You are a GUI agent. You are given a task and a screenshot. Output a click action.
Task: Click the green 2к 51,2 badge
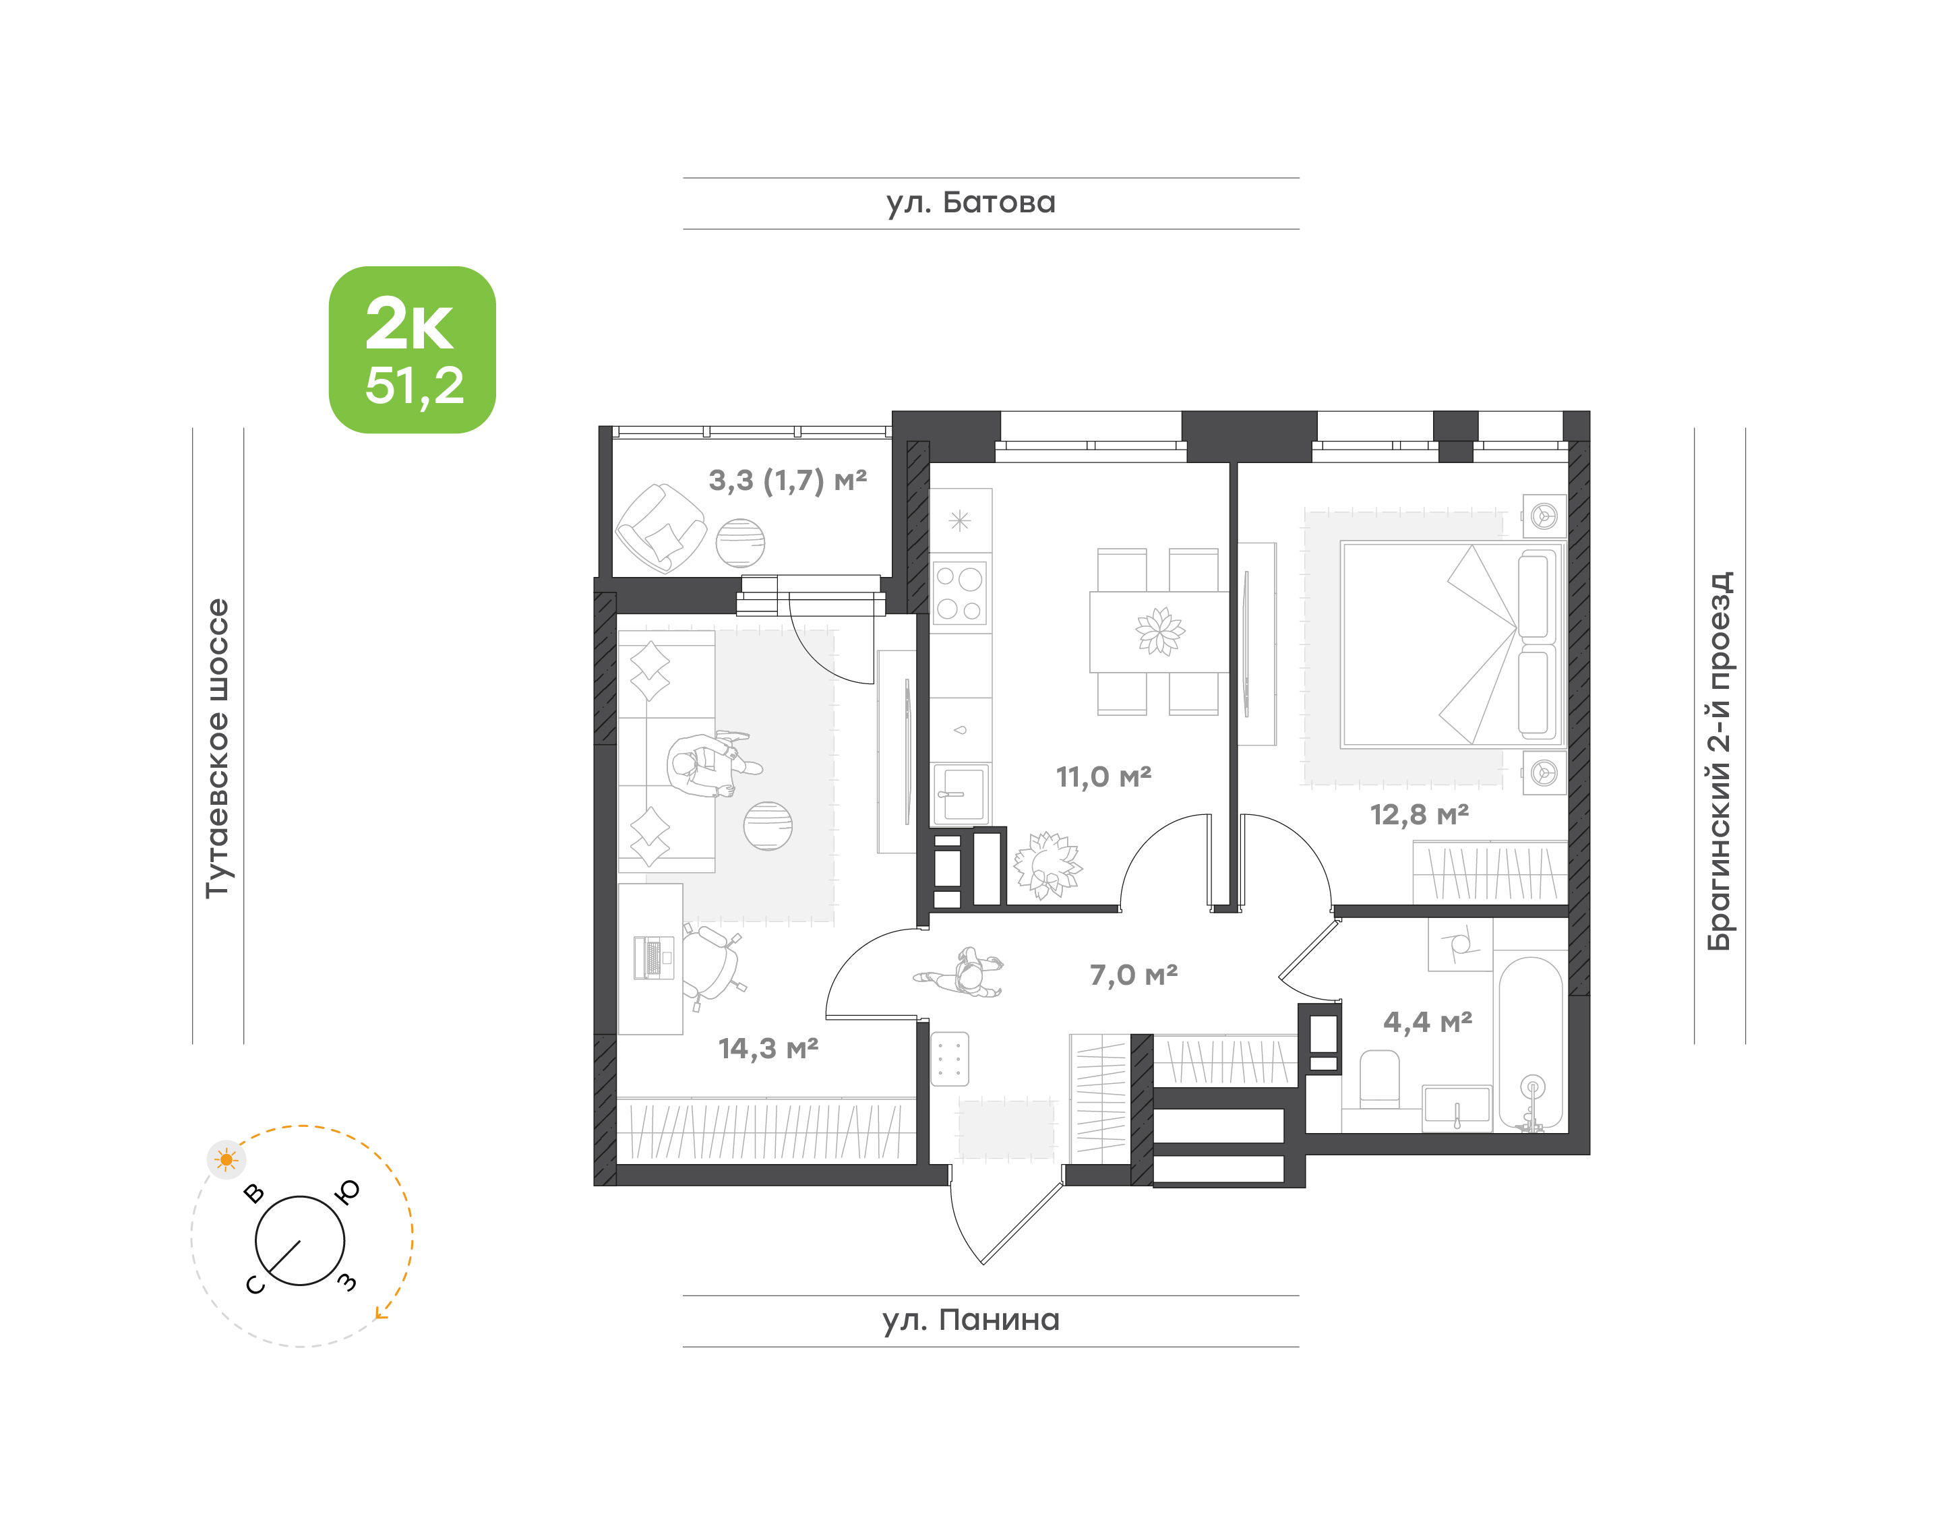coord(413,350)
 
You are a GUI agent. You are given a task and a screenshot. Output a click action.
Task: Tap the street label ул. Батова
coord(970,202)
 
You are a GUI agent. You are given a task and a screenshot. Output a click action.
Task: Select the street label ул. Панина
coord(971,1320)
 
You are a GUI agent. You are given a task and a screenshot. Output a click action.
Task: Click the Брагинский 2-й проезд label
coord(1719,761)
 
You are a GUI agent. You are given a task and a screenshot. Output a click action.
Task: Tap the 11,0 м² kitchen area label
coord(1104,777)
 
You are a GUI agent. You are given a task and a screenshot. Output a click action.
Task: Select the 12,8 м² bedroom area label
coord(1420,815)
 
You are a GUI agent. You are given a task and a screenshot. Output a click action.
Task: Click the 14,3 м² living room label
coord(768,1048)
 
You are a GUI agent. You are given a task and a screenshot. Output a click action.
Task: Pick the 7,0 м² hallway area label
coord(1133,975)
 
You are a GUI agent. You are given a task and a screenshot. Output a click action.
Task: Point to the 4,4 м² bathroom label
coord(1428,1022)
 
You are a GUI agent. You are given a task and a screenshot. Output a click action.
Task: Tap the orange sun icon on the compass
coord(226,1160)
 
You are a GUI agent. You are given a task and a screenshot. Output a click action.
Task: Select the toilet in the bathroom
coord(1379,1080)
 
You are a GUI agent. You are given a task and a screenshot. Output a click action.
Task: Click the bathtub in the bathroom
coord(1531,1044)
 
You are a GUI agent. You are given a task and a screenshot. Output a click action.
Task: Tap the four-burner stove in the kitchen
coord(959,592)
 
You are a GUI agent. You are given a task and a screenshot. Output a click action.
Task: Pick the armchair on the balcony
coord(661,528)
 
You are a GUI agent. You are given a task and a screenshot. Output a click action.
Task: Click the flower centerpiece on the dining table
coord(1160,630)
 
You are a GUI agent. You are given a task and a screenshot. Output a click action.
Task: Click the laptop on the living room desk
coord(653,957)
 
